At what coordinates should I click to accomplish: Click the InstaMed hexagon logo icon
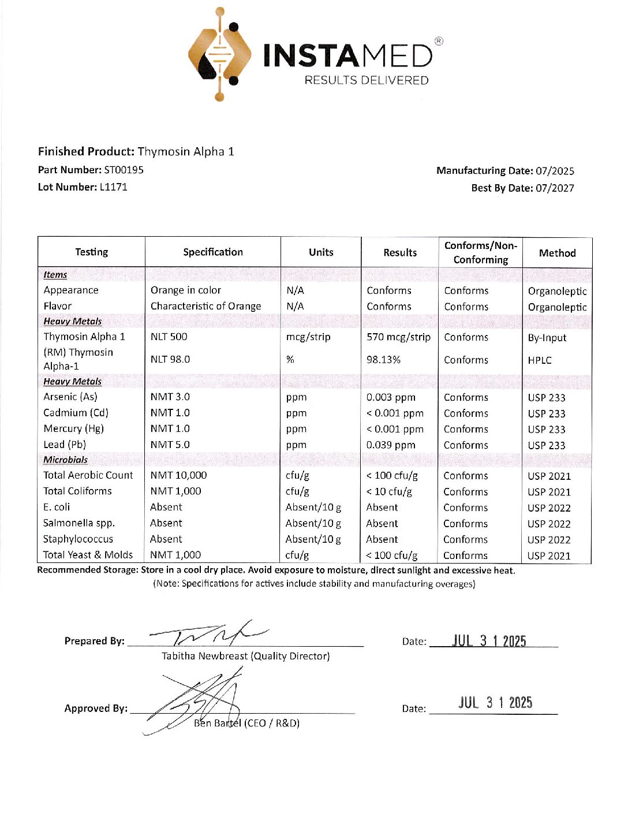220,55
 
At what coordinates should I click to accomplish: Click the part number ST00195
124,170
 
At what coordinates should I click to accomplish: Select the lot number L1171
113,187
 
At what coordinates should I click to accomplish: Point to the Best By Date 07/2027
555,188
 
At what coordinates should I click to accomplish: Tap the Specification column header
213,252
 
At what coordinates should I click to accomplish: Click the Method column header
557,253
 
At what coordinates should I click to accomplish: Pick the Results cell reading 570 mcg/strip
398,337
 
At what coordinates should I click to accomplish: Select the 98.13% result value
383,360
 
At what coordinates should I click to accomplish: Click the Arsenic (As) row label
70,397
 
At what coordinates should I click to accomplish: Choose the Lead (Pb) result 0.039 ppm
391,445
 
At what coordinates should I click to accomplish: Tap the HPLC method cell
540,360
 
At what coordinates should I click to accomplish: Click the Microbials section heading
66,460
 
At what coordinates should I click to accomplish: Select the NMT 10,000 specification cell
178,475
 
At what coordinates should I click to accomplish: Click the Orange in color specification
186,290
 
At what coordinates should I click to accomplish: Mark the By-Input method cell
547,338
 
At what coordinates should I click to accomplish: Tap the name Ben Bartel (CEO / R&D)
246,723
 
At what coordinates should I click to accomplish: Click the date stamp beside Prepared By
489,641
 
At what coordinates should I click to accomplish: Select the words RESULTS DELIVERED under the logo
367,80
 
